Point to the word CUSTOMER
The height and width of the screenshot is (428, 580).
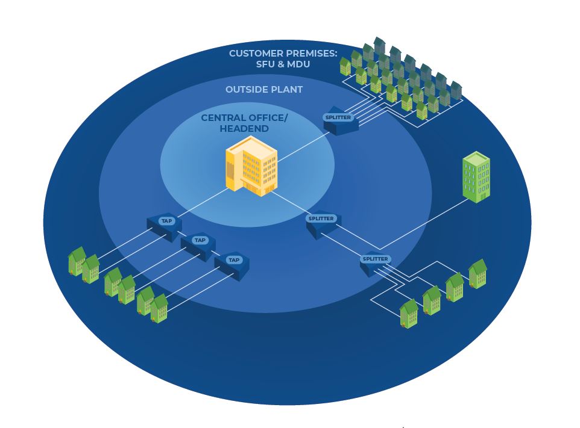coord(258,54)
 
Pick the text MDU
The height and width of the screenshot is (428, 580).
coord(298,64)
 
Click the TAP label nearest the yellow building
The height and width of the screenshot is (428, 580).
coord(166,221)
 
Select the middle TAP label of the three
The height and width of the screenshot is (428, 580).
coord(200,240)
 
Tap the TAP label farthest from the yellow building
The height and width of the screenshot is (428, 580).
coord(233,260)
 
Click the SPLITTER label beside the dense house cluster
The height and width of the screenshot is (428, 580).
coord(338,117)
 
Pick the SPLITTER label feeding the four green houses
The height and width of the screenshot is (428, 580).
coord(375,259)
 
